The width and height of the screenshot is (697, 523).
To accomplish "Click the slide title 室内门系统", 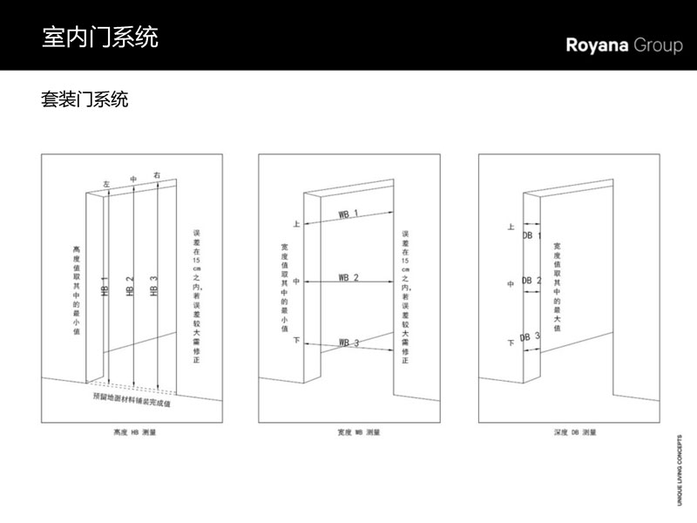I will tap(100, 38).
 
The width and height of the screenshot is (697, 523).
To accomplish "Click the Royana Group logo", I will tap(624, 45).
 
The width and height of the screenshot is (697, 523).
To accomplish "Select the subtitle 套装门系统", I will tap(85, 99).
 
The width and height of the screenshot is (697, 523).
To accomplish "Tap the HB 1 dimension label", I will tap(105, 287).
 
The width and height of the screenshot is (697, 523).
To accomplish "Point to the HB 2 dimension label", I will tap(130, 287).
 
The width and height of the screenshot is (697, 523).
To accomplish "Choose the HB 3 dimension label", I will tap(154, 287).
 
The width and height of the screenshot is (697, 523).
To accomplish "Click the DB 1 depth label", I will tap(531, 235).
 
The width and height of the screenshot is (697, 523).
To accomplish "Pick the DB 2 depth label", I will tap(531, 281).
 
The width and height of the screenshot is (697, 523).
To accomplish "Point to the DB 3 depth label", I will tap(530, 336).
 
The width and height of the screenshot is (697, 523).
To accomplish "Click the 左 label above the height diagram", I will tap(106, 185).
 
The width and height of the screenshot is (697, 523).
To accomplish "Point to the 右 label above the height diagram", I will tap(157, 175).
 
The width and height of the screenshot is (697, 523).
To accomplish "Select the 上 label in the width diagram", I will tap(296, 224).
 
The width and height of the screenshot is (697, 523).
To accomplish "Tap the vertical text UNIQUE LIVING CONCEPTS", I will tap(680, 471).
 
